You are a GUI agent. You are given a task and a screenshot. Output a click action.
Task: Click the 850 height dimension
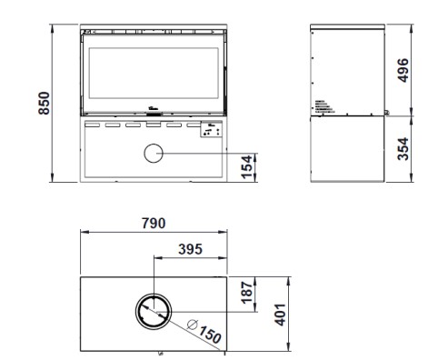point(45,103)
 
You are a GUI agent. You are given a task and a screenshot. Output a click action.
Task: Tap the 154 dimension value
point(247,166)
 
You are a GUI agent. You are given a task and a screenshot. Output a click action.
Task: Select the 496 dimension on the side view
point(403,70)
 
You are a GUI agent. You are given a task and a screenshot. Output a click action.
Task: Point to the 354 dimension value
point(403,149)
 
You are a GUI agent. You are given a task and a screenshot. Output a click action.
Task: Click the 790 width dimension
point(154,224)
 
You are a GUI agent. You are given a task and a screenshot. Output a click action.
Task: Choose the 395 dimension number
point(190,249)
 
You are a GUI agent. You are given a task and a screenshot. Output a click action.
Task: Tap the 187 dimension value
point(247,293)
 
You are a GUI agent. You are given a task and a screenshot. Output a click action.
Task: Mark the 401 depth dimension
point(280,315)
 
